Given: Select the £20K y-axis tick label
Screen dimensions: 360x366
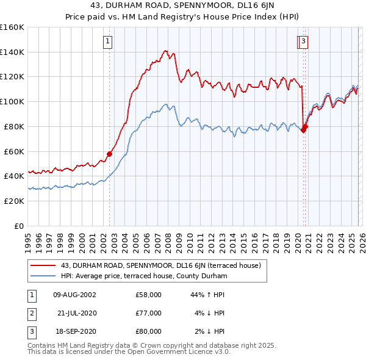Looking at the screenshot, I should click(x=14, y=201).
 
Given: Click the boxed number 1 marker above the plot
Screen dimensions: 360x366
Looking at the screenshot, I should click(x=108, y=41).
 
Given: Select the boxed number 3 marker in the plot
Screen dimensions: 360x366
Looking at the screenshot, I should click(x=303, y=41).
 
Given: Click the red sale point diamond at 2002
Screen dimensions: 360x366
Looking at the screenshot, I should click(x=110, y=154).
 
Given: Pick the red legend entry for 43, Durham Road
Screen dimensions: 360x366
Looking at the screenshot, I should click(x=161, y=265).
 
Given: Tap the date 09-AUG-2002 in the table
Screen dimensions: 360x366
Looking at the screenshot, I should click(x=74, y=295).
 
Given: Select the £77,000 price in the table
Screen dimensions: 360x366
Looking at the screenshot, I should click(x=149, y=313).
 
